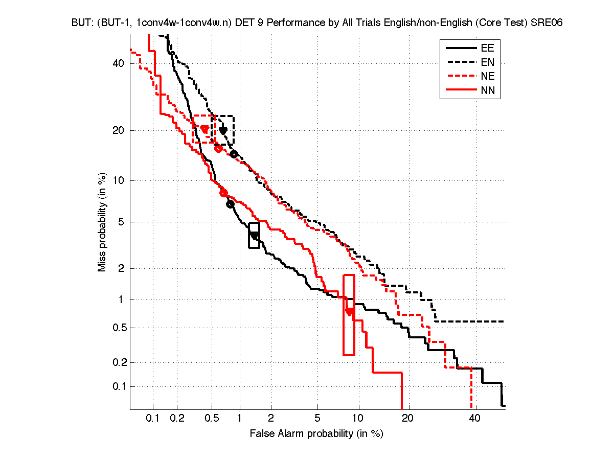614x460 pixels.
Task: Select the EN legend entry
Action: point(487,62)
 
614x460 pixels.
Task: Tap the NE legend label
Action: point(487,77)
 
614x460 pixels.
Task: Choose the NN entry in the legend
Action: point(487,91)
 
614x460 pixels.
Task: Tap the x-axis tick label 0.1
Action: point(153,419)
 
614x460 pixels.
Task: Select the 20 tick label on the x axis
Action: point(407,419)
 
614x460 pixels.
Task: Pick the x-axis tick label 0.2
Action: point(177,419)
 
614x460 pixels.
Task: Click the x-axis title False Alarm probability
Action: point(316,434)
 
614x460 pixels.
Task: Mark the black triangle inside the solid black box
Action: point(254,236)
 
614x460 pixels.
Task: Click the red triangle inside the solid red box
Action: point(349,311)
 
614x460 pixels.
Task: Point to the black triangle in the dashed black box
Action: point(223,131)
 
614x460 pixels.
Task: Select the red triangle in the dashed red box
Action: point(204,129)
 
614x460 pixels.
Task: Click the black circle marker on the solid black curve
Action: point(230,204)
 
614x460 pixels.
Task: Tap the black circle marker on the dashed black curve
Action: point(234,154)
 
